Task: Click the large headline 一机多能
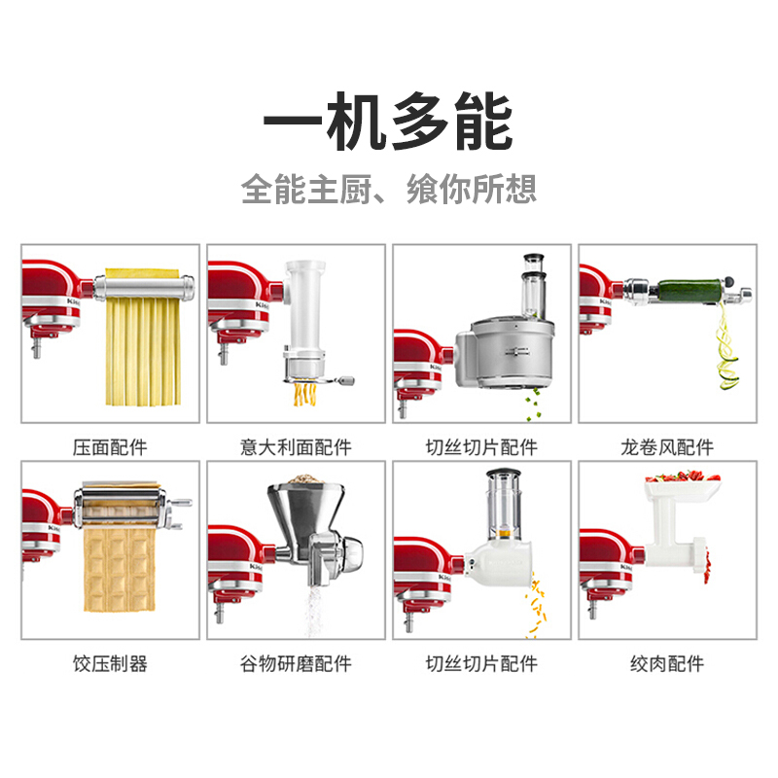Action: pos(388,122)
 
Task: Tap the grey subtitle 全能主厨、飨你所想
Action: pos(389,189)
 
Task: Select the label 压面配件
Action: pos(110,447)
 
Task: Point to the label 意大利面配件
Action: pos(296,447)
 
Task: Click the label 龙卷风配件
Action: pos(667,447)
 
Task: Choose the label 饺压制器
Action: pos(110,663)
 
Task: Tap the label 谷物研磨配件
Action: pos(296,663)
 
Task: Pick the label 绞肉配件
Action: pos(667,663)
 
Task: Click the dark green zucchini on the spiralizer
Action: pos(690,290)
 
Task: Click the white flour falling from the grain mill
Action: pos(313,611)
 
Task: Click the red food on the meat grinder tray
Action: pos(683,477)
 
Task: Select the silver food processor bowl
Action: pos(512,353)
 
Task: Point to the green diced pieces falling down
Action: pos(534,405)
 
